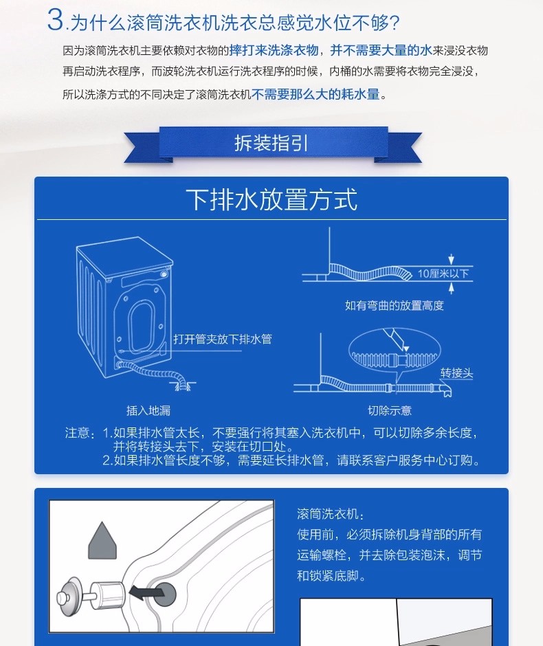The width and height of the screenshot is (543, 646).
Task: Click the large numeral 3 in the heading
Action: [x=55, y=19]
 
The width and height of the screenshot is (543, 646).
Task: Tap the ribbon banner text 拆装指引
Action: [x=271, y=143]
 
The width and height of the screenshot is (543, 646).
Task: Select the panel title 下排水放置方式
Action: [x=271, y=199]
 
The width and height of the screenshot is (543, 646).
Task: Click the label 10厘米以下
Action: [x=443, y=274]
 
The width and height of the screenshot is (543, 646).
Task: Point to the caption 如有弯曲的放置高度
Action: [x=395, y=305]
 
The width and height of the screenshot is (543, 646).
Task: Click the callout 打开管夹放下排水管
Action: [x=223, y=339]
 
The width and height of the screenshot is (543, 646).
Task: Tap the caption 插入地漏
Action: [x=148, y=410]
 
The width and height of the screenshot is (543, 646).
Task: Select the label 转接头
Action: [x=456, y=373]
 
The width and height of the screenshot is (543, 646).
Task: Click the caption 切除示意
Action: [x=390, y=410]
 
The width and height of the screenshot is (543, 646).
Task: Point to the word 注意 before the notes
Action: [x=77, y=433]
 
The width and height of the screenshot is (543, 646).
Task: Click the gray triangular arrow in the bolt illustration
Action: [x=102, y=540]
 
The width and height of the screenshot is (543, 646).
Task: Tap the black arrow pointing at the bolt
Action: [x=146, y=592]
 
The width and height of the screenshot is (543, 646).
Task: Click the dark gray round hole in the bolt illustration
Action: [x=165, y=594]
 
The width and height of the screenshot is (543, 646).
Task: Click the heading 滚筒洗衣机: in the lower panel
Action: [x=331, y=514]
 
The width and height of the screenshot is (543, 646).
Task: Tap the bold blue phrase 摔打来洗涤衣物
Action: [x=274, y=50]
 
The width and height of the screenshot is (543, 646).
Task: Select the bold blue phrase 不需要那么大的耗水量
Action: [x=315, y=94]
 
